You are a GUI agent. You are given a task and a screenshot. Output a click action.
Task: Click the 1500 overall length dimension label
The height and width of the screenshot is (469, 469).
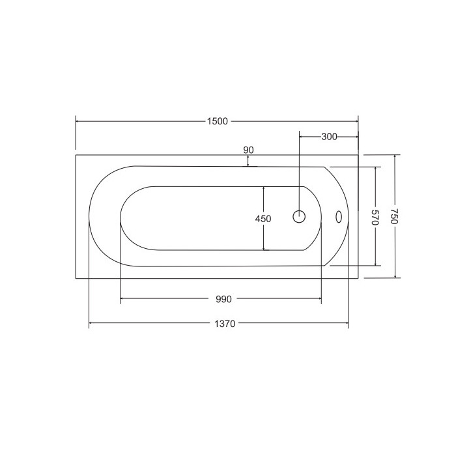pyautogui.click(x=218, y=121)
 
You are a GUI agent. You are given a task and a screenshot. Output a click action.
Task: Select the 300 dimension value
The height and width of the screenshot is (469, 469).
pyautogui.click(x=329, y=137)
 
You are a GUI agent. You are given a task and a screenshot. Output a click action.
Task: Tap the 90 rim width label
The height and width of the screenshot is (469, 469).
pyautogui.click(x=248, y=150)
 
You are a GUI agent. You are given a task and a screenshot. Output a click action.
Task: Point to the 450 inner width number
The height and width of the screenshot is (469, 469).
pyautogui.click(x=263, y=219)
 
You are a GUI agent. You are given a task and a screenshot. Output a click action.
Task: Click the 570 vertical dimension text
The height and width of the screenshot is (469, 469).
pyautogui.click(x=376, y=218)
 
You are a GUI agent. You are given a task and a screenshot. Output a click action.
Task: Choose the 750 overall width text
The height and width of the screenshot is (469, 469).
pyautogui.click(x=395, y=216)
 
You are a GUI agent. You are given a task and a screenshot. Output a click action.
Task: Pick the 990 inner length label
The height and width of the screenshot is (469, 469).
pyautogui.click(x=223, y=299)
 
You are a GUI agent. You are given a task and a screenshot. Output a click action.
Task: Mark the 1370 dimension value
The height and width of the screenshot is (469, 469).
pyautogui.click(x=225, y=324)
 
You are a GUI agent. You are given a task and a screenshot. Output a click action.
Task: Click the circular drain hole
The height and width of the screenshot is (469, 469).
pyautogui.click(x=299, y=216)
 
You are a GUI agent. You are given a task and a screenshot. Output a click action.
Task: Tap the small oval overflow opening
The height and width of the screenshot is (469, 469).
pyautogui.click(x=339, y=217)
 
